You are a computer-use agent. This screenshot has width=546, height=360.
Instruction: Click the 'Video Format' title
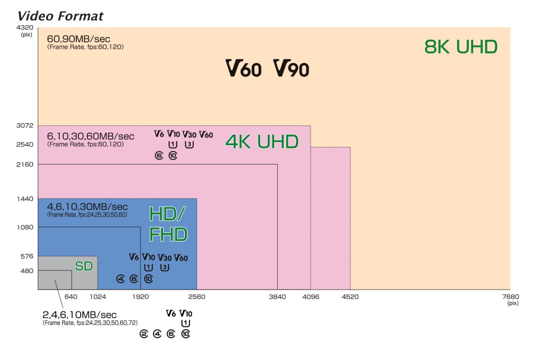(x=60, y=16)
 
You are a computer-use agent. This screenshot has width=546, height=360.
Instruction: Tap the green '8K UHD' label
(x=461, y=47)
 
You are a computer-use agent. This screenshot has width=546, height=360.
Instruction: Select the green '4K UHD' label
(x=262, y=141)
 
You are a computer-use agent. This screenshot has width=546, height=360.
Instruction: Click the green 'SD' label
(x=84, y=266)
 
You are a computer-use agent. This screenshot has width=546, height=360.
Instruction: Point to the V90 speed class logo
(x=291, y=68)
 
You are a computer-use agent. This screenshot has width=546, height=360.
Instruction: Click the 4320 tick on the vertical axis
(x=25, y=28)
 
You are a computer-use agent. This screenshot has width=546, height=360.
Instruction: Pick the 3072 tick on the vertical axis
(x=25, y=126)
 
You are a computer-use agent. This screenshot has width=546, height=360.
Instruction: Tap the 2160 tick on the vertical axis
(x=25, y=164)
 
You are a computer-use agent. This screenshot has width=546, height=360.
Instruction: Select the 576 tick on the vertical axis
(x=27, y=256)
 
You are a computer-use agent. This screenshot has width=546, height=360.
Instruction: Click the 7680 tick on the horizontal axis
(x=511, y=297)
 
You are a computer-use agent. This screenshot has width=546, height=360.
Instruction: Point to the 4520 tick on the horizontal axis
(x=350, y=297)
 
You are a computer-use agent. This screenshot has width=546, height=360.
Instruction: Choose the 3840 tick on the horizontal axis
(x=277, y=297)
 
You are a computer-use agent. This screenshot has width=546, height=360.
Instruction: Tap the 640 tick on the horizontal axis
(x=71, y=297)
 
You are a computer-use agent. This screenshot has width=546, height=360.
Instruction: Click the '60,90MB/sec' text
(x=79, y=39)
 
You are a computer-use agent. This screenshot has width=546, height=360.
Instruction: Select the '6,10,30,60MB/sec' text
(x=90, y=136)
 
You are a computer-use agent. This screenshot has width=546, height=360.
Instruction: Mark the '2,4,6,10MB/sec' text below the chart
(x=79, y=315)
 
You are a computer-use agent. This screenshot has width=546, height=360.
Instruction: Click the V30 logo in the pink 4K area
(x=189, y=135)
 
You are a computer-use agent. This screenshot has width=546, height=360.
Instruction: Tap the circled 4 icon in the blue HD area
(x=121, y=279)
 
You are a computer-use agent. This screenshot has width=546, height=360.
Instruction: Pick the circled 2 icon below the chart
(x=144, y=334)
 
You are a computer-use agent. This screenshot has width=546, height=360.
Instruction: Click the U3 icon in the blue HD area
(x=164, y=268)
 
